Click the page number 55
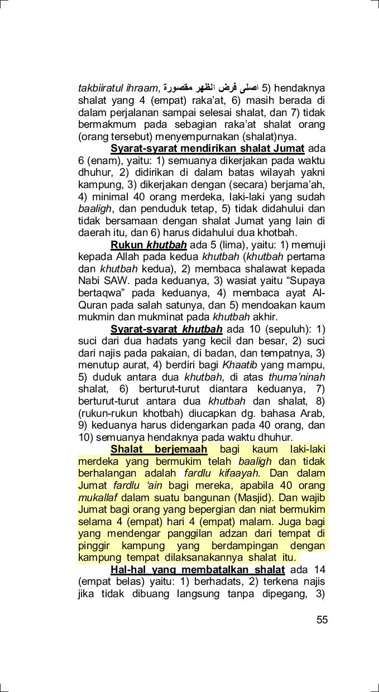coord(322,619)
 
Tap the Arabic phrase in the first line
coord(211,88)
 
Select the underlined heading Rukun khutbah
coord(148,244)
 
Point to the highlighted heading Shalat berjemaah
coord(159,449)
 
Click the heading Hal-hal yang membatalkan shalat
coord(198,570)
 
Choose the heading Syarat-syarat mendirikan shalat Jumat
coord(207,148)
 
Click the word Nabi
coord(88,281)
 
